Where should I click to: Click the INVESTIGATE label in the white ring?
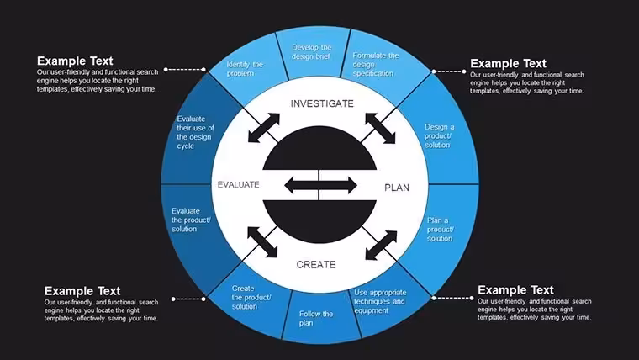coord(322,103)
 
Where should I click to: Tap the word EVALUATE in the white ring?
coord(239,185)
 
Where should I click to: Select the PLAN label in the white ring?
coord(397,188)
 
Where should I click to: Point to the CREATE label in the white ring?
coord(316,265)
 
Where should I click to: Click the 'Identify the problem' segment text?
coord(245,69)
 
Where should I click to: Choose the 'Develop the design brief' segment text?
coord(312,52)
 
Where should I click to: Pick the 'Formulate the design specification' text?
coord(375,65)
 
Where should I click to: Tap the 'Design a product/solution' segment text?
coord(439,135)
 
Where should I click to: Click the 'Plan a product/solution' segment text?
coord(441,229)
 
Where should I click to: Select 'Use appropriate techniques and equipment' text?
coord(380,301)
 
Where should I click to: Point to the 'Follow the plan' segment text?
coord(316,319)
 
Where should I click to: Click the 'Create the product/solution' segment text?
coord(251,297)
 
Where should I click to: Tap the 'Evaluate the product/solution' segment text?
coord(191,220)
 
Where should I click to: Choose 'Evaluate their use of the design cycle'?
coord(195,132)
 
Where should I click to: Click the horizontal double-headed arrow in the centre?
coord(320,186)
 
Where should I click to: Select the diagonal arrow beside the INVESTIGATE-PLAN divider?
coord(380,129)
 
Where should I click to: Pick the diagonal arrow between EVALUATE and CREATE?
coord(262,242)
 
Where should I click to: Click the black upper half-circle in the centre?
coord(319,148)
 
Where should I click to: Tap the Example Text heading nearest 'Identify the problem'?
coord(75,61)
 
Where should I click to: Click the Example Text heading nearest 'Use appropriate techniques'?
coord(515,290)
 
